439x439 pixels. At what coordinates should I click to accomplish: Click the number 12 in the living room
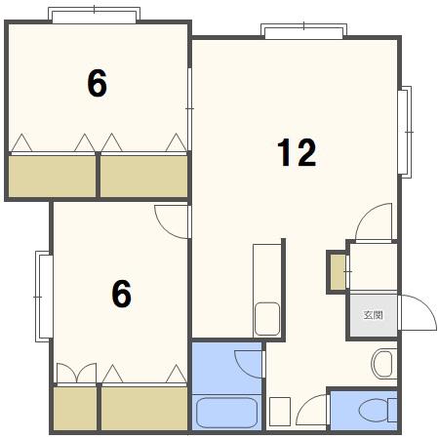(297, 152)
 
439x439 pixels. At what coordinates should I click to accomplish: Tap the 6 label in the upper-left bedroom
(97, 84)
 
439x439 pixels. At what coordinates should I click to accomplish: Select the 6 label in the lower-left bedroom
(122, 294)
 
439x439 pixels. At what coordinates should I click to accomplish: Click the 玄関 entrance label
(373, 315)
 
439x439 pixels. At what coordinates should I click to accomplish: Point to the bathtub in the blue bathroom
(227, 413)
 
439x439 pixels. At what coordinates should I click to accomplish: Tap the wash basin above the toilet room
(383, 364)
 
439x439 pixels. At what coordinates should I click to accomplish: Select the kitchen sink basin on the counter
(267, 319)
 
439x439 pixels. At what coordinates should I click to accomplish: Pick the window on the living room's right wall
(405, 132)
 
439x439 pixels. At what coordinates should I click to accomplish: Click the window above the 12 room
(303, 31)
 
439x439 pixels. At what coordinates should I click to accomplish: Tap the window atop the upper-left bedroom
(94, 15)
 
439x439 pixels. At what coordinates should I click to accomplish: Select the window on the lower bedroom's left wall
(44, 297)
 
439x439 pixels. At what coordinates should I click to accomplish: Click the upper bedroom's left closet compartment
(52, 177)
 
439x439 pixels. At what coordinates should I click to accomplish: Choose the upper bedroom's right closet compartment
(143, 177)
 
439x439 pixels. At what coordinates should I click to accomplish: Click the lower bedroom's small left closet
(75, 409)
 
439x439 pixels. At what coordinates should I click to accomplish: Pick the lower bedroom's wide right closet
(144, 409)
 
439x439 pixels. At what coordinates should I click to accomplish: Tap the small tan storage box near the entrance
(338, 272)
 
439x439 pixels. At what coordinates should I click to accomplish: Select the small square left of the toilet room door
(280, 412)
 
